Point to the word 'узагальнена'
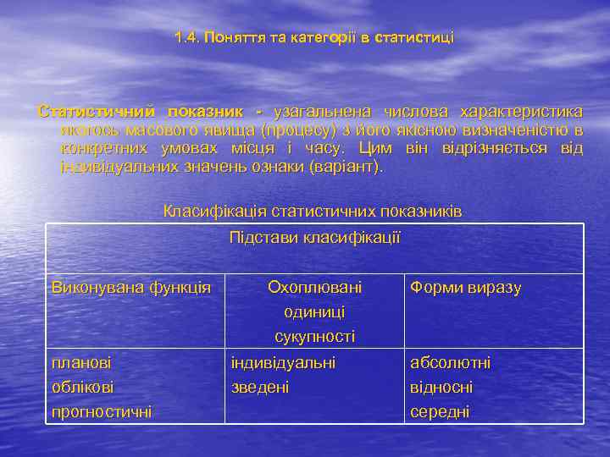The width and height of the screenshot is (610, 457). pos(322,113)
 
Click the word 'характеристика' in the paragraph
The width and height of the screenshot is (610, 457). pos(520,113)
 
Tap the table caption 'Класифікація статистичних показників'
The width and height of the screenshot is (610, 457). pos(313,211)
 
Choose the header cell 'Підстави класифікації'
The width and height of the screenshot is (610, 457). pos(314,238)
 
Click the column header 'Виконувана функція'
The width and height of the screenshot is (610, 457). pos(131,288)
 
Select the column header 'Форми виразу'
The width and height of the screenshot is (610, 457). pos(465,288)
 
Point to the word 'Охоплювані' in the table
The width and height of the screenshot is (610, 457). pos(314,288)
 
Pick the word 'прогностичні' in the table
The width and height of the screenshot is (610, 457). pos(102,412)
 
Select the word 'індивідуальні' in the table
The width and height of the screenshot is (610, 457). pos(283,362)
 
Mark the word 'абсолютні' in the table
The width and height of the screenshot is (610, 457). pos(450,362)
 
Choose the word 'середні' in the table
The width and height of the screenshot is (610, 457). pos(440,412)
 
